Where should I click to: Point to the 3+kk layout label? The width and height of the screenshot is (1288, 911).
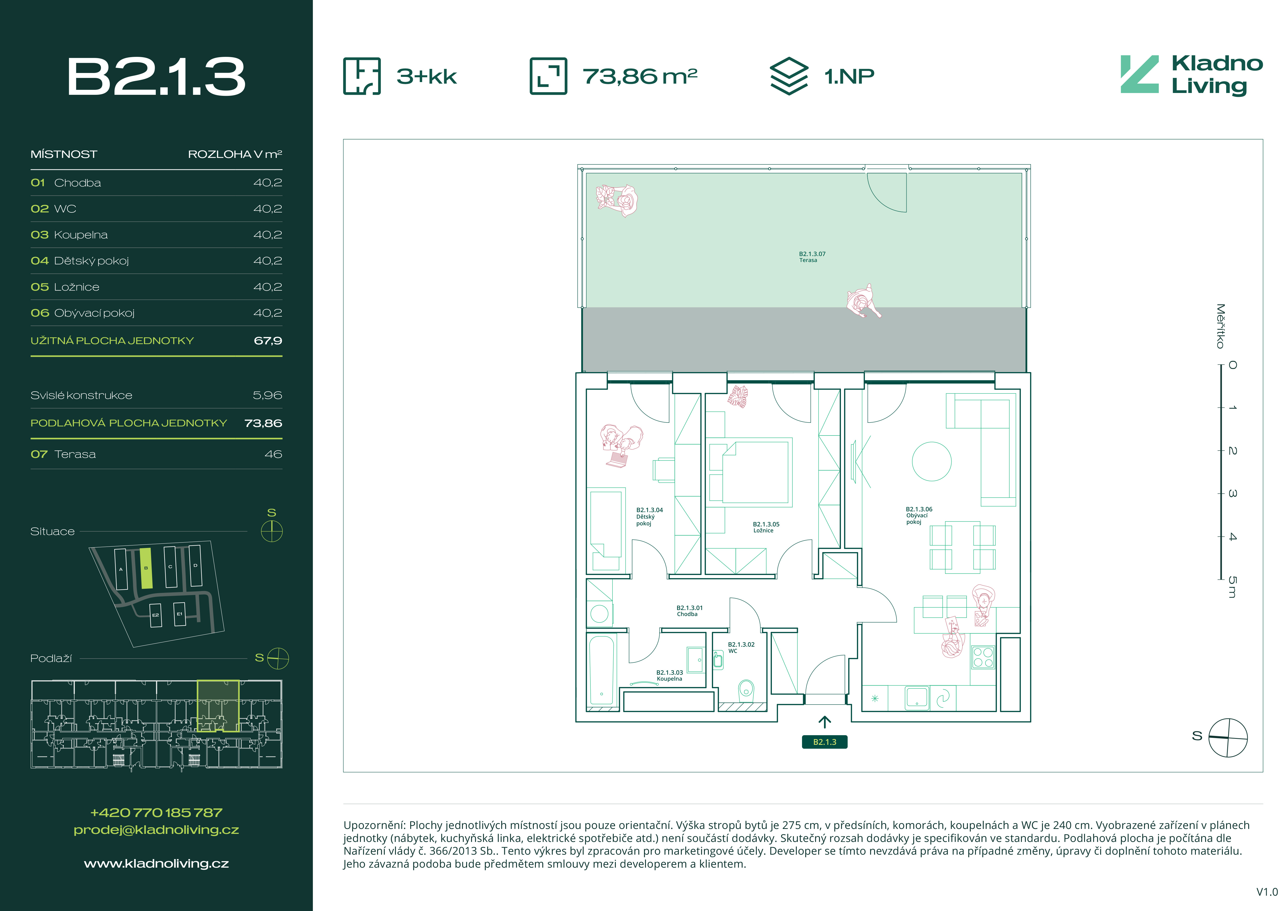(x=426, y=76)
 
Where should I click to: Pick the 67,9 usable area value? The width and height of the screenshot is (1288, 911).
(x=268, y=340)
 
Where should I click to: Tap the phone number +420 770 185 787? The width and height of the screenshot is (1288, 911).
(x=157, y=812)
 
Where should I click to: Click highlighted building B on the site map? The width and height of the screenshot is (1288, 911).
(x=146, y=568)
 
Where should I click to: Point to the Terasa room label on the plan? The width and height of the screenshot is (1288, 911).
(x=812, y=257)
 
